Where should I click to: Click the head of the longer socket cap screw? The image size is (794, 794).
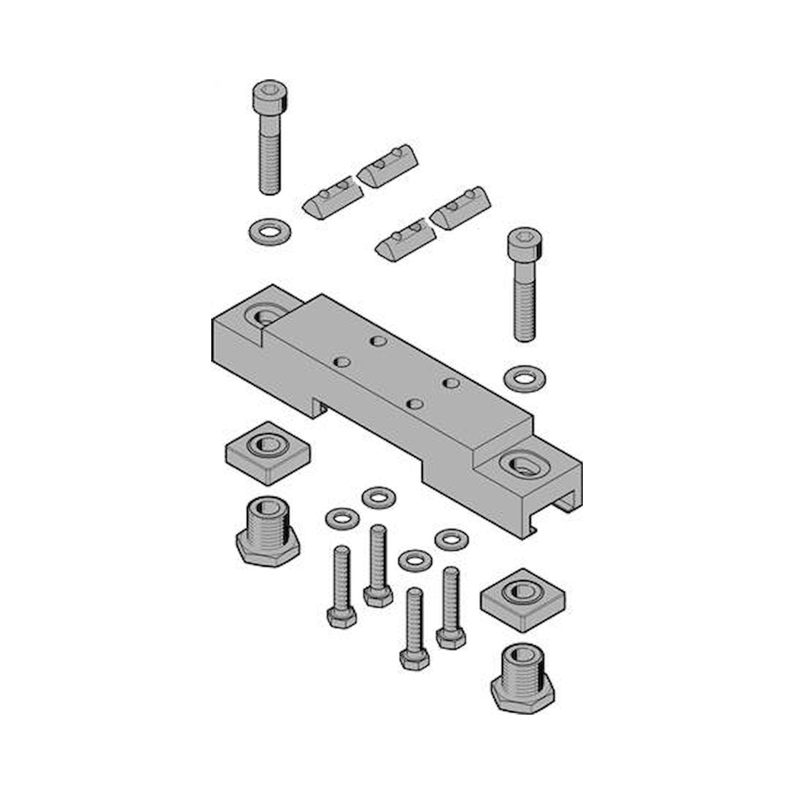point(270,95)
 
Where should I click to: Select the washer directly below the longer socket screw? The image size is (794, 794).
point(270,231)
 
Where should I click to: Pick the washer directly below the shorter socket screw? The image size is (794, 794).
point(524,377)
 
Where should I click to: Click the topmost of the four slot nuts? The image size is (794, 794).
point(388,165)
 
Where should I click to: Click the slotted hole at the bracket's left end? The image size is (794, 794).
point(265,317)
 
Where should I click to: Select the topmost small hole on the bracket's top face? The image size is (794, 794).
point(378,341)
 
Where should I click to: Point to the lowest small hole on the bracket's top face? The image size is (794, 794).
point(415,404)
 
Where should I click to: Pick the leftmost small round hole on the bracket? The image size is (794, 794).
point(342,362)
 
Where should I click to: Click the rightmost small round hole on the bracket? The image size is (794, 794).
point(451,383)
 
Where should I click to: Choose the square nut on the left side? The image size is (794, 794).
point(268,452)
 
